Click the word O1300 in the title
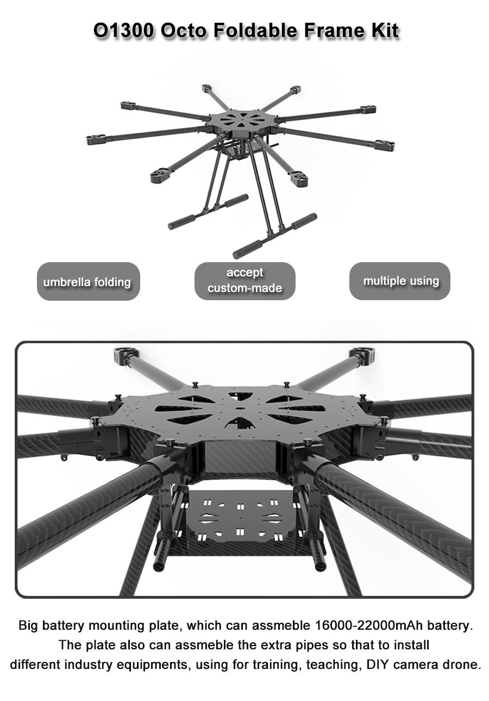pyautogui.click(x=124, y=30)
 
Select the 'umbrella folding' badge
pyautogui.click(x=88, y=281)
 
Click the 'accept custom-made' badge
pyautogui.click(x=245, y=281)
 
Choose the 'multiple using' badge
pyautogui.click(x=400, y=281)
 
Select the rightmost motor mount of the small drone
pyautogui.click(x=385, y=145)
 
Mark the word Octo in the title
pyautogui.click(x=185, y=30)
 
